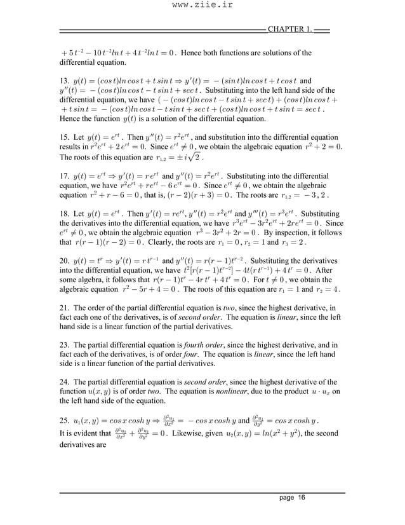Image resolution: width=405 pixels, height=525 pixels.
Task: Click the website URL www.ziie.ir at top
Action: tap(202, 7)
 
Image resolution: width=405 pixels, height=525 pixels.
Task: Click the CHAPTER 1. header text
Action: tap(289, 29)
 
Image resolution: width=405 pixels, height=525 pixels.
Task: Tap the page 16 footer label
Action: tap(292, 497)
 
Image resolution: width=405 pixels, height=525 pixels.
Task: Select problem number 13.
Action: tap(64, 82)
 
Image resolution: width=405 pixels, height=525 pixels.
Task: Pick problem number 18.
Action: tap(64, 214)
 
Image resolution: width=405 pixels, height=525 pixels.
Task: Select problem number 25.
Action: tap(64, 422)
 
